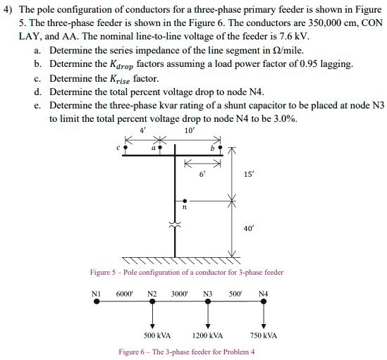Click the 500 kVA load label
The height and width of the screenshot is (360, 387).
(154, 335)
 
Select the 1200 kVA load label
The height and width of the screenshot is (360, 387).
(208, 335)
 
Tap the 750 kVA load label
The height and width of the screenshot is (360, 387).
(264, 335)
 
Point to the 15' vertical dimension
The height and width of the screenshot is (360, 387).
(247, 173)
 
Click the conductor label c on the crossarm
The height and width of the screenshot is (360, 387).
(119, 148)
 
